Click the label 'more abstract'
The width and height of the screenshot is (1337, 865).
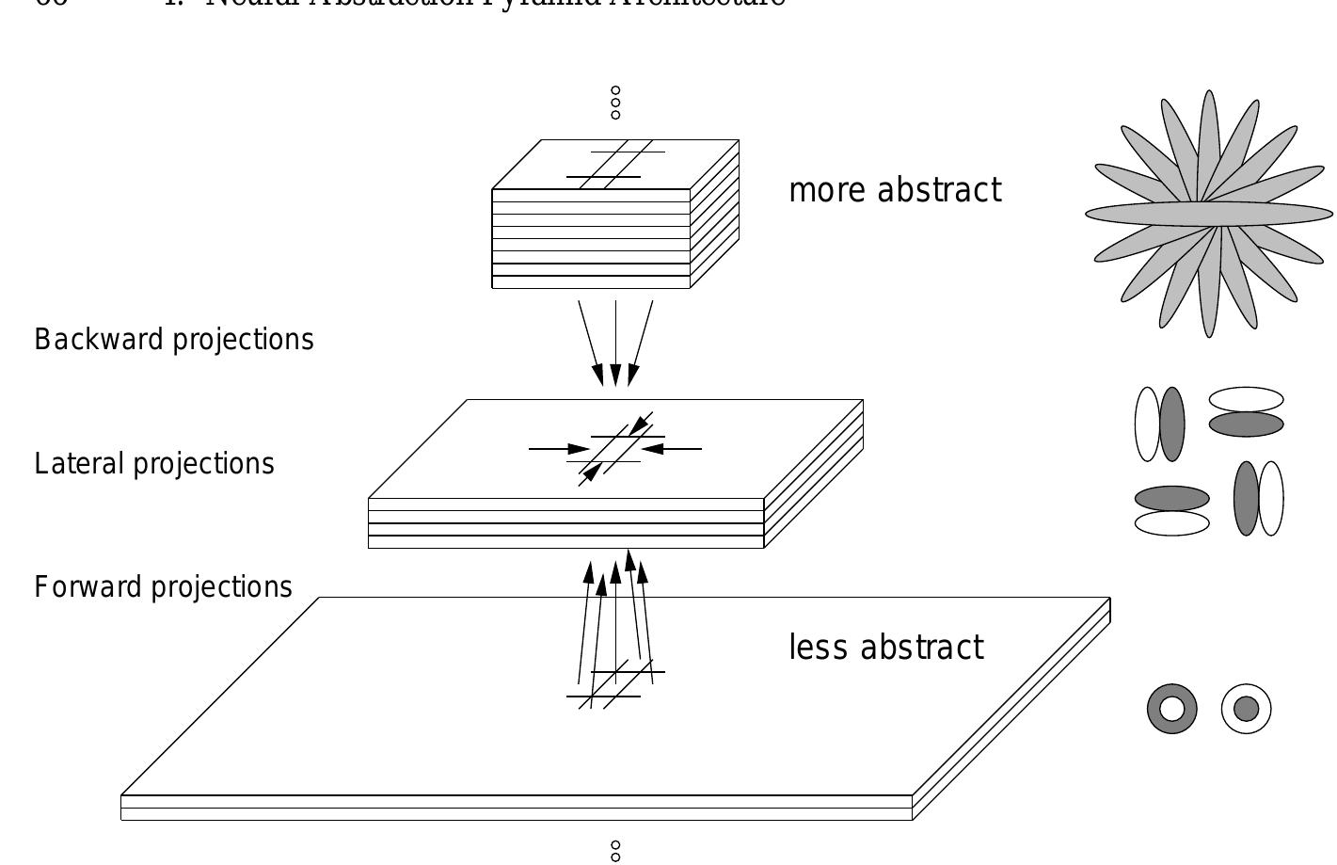pyautogui.click(x=895, y=190)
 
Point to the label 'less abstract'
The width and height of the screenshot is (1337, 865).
pyautogui.click(x=886, y=648)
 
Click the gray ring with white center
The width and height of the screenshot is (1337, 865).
pyautogui.click(x=1172, y=709)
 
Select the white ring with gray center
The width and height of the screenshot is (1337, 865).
pyautogui.click(x=1247, y=709)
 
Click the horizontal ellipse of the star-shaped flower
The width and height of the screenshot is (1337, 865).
pyautogui.click(x=1209, y=214)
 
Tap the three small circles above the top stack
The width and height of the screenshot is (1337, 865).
pyautogui.click(x=615, y=103)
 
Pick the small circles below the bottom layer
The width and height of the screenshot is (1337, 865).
pyautogui.click(x=615, y=851)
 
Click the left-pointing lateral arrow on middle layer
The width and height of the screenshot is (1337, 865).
pyautogui.click(x=673, y=449)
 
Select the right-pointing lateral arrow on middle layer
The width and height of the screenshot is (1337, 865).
pyautogui.click(x=559, y=449)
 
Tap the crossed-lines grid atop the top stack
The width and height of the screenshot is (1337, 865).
pyautogui.click(x=615, y=163)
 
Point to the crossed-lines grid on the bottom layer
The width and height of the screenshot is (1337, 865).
pyautogui.click(x=615, y=685)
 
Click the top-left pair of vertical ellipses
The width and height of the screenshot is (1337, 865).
pyautogui.click(x=1159, y=424)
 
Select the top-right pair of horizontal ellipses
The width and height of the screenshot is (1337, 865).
pyautogui.click(x=1246, y=412)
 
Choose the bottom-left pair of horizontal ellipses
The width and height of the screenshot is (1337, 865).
pyautogui.click(x=1171, y=510)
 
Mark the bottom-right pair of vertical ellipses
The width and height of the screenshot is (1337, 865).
pyautogui.click(x=1258, y=498)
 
